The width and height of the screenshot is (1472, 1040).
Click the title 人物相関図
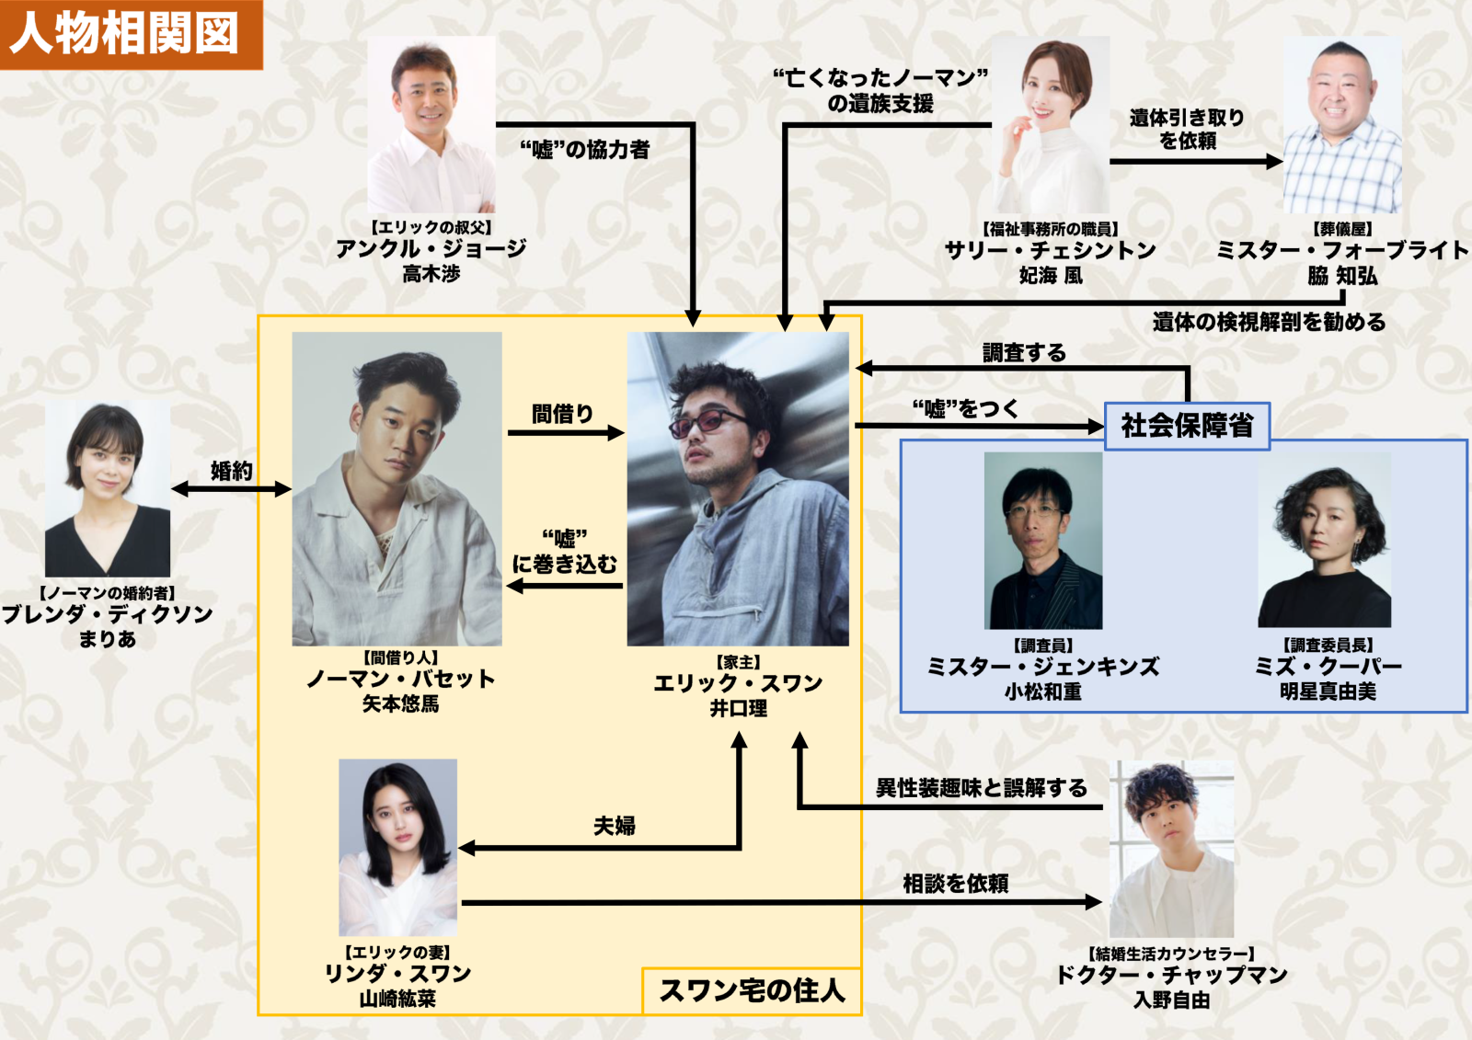[125, 33]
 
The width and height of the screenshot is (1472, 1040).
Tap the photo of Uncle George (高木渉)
[431, 125]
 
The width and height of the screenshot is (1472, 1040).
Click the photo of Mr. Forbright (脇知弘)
[1342, 125]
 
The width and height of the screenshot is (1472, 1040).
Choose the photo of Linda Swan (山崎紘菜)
[397, 847]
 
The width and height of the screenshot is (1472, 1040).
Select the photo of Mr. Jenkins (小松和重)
[1042, 541]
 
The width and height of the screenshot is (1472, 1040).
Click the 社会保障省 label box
[1187, 426]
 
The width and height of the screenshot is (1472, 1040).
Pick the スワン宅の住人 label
[752, 990]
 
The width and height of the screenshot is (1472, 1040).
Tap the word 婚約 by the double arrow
[231, 471]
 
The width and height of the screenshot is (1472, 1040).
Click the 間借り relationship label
[562, 414]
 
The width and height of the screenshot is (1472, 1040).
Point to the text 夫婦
[614, 826]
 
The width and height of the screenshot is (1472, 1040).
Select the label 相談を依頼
[955, 884]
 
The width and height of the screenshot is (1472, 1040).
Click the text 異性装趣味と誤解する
[981, 788]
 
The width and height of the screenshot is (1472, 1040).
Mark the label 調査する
[1023, 352]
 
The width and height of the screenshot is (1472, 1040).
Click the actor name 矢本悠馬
[400, 704]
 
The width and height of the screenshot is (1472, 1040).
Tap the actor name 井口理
[738, 708]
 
